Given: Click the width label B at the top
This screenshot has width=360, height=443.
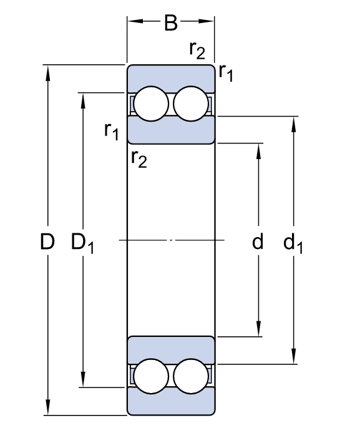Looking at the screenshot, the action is (x=171, y=22).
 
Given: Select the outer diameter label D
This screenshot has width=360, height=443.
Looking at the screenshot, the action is (x=47, y=241).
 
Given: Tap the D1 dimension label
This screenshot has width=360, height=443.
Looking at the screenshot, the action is (x=82, y=243).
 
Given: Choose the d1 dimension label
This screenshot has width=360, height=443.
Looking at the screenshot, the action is (x=293, y=243).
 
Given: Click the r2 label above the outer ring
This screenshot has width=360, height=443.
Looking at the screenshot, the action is (x=197, y=51).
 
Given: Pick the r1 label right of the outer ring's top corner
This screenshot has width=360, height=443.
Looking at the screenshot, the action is (x=226, y=72).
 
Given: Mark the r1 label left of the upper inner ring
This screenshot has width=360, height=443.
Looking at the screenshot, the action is (x=111, y=131).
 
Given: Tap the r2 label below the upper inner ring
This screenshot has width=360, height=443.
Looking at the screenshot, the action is (x=139, y=159).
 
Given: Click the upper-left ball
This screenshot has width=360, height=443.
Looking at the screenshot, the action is (x=151, y=104).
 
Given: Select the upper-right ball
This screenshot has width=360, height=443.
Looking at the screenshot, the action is (x=191, y=104).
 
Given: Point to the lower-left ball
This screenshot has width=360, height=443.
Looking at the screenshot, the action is (x=151, y=376).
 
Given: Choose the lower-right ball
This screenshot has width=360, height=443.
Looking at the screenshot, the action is (x=191, y=376).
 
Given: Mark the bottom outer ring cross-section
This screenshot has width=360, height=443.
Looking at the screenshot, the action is (x=171, y=404).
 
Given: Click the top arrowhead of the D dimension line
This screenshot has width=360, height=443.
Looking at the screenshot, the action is (x=48, y=74).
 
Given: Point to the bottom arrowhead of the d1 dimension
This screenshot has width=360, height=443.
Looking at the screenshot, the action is (x=294, y=356).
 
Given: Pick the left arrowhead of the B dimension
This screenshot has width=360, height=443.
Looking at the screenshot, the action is (x=135, y=21).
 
